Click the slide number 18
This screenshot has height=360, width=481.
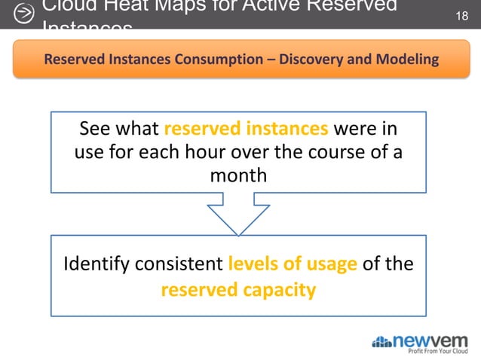(464, 15)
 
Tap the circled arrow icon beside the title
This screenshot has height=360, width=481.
(24, 14)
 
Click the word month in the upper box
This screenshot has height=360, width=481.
(238, 175)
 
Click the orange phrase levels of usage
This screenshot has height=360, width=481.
(292, 265)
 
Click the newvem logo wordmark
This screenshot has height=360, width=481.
(435, 339)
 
